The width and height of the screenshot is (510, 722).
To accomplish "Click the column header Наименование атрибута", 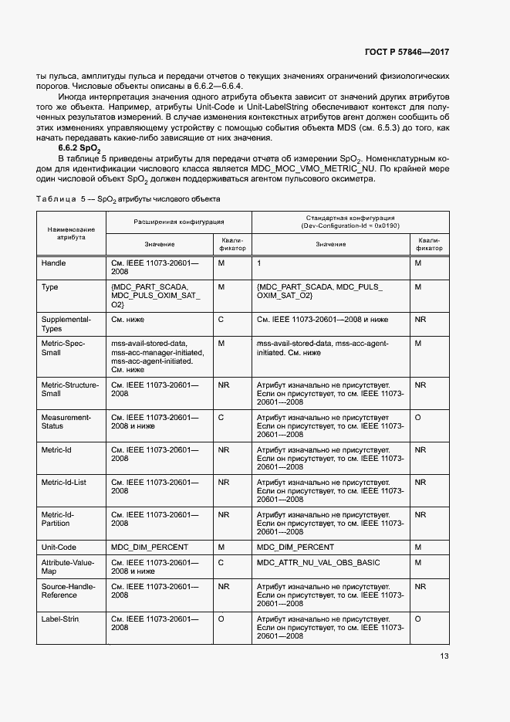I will click(71, 233).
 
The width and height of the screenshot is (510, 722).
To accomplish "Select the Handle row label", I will click(54, 263).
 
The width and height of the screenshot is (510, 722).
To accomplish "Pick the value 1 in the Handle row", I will click(259, 263).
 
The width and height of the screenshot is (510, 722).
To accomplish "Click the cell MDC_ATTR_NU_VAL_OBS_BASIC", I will click(318, 563).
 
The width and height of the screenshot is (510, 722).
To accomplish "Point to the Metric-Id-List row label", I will click(63, 482).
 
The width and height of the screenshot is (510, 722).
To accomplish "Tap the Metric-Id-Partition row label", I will click(59, 519).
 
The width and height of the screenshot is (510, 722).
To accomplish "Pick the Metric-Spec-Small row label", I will click(62, 347).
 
